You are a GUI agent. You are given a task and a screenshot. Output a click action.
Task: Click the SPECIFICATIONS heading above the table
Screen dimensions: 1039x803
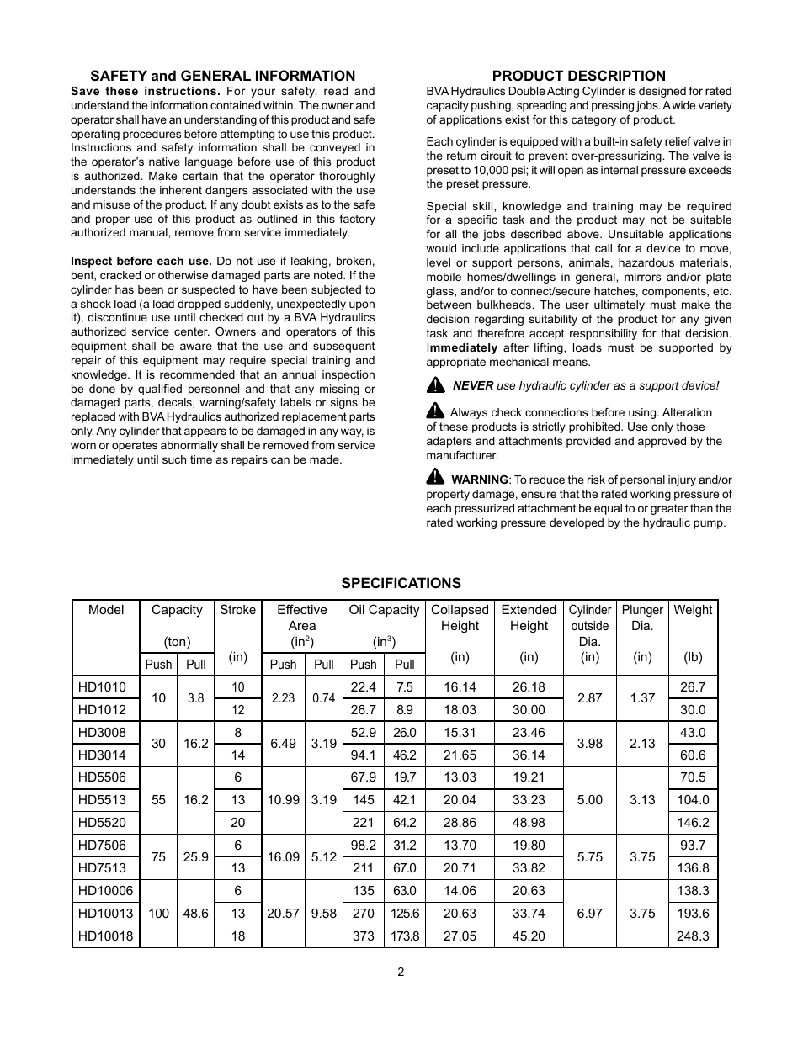click(401, 583)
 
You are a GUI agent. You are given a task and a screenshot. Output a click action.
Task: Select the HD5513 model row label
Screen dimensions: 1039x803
click(105, 800)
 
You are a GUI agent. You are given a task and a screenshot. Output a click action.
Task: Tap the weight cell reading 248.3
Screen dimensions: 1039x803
click(693, 936)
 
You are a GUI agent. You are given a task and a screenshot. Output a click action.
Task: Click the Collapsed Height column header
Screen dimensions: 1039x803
click(460, 618)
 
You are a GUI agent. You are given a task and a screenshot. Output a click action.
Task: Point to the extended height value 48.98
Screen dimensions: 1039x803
click(529, 823)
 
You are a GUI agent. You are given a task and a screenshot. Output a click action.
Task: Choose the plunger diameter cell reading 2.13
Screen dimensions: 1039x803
click(642, 744)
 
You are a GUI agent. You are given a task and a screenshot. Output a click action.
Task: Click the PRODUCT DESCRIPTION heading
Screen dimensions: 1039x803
click(578, 76)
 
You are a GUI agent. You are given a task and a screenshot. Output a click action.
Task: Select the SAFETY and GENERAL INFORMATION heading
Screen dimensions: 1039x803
click(223, 76)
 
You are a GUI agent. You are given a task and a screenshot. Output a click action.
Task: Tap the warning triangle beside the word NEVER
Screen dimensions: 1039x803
click(435, 385)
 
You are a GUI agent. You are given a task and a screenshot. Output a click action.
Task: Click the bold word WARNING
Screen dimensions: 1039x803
click(480, 480)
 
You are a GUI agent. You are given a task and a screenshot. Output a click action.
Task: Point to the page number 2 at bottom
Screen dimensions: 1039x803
click(401, 972)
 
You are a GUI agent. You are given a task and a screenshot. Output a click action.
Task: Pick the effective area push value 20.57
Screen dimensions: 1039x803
click(283, 913)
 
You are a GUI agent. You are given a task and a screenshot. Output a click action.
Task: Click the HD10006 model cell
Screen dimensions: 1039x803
click(105, 890)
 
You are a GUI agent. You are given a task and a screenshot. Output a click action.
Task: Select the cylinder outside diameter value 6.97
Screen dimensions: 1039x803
click(590, 913)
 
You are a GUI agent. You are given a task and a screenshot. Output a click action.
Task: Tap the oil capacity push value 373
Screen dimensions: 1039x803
click(364, 936)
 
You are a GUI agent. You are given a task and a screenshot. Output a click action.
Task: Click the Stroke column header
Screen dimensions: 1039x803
click(238, 610)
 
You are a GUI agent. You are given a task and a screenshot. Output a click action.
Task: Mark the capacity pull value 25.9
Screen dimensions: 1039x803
click(195, 856)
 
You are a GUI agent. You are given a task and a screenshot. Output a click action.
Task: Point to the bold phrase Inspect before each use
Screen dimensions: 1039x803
click(141, 261)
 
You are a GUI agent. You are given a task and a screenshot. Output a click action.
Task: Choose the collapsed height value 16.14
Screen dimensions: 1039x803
click(460, 686)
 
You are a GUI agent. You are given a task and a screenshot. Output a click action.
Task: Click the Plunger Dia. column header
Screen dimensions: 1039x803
click(642, 618)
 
